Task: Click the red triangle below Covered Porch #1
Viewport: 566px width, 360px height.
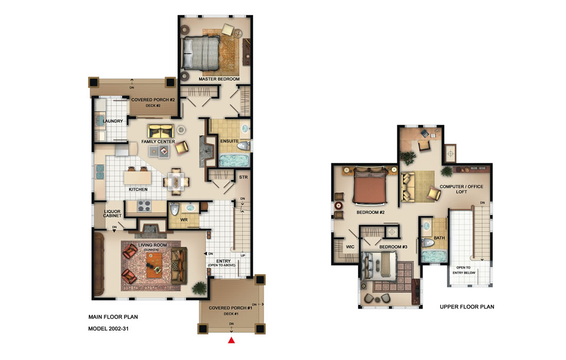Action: [232, 340]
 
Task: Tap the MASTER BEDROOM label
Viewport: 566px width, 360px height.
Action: [219, 79]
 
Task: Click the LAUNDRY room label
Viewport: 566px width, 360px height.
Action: [113, 121]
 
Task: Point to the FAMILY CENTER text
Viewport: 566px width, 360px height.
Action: [158, 141]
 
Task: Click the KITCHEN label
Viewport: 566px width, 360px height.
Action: [138, 189]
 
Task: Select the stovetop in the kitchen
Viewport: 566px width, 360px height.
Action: [144, 207]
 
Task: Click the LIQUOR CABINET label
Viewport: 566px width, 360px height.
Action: [112, 213]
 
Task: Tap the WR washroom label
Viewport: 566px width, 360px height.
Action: [183, 220]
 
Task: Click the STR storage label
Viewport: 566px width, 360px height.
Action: [243, 178]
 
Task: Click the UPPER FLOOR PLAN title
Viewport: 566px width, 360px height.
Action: [467, 307]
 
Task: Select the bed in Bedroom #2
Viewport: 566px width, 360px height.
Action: [369, 189]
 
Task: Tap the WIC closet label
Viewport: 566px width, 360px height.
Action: [350, 247]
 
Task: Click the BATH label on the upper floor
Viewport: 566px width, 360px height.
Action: [439, 238]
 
